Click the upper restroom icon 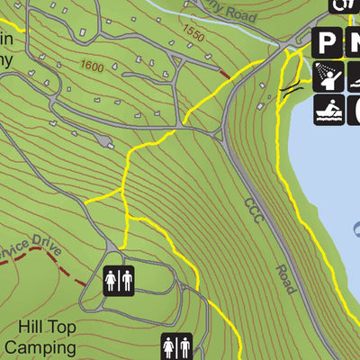(x=119, y=281)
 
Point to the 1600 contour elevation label (x=91, y=66)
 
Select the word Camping (x=38, y=346)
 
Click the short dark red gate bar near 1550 (x=224, y=73)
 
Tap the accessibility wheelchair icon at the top (x=341, y=4)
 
